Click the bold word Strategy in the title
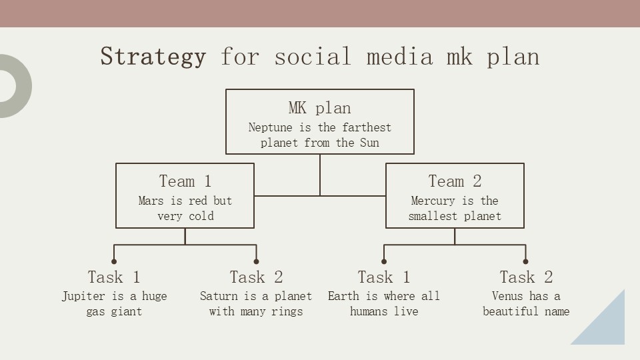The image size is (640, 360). tap(153, 56)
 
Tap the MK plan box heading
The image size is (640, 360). tap(319, 108)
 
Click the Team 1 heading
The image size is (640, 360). tap(185, 181)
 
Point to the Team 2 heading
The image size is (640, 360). tap(455, 181)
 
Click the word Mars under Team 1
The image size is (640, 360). tap(150, 201)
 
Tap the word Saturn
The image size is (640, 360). tap(219, 296)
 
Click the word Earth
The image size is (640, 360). tap(344, 296)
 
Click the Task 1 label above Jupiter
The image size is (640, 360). tap(114, 277)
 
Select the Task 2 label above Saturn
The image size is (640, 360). tap(256, 277)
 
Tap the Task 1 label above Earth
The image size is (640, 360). tap(384, 277)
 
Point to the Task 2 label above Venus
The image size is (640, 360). tap(526, 277)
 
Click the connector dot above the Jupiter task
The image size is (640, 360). tap(114, 261)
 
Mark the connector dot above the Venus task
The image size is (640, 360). tap(525, 261)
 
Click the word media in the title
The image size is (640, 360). tap(399, 56)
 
